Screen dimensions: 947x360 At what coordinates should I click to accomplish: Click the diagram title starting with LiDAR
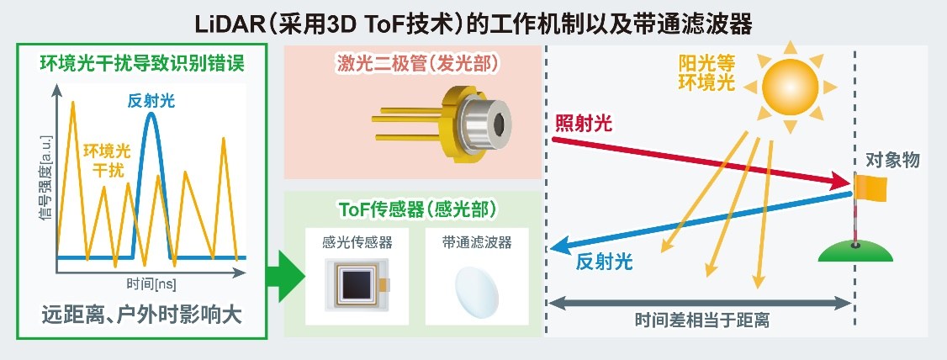point(473,24)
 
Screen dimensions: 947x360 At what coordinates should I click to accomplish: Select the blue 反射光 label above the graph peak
point(151,100)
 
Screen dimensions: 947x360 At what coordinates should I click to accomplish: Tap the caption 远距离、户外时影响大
point(142,315)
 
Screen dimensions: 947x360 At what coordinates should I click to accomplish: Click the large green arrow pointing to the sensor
point(286,275)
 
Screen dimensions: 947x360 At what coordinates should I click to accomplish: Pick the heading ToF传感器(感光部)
point(413,209)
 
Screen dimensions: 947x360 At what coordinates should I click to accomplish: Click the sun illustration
point(790,87)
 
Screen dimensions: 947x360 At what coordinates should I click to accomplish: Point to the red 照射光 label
point(583,124)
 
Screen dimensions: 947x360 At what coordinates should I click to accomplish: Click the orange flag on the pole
point(871,187)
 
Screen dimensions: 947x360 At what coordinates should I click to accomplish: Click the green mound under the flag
point(856,251)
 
